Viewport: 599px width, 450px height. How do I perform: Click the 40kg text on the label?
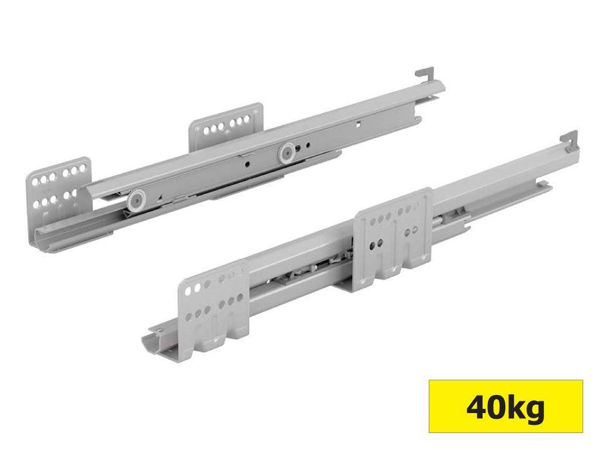coord(505,407)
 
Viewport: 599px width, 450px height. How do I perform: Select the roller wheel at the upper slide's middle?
coord(287,154)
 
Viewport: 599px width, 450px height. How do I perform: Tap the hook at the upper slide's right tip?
coord(425,74)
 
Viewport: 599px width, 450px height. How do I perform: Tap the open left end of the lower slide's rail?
coord(153,343)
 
